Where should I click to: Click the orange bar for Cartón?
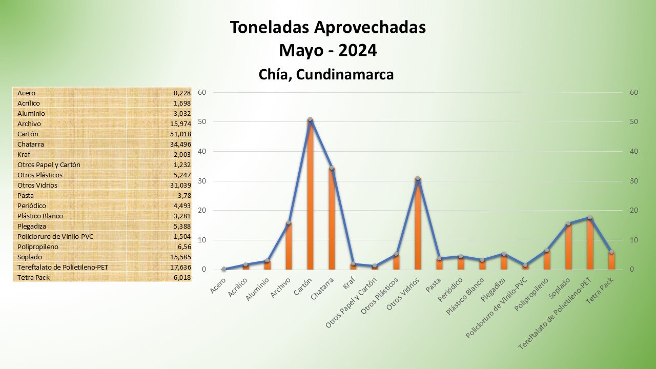[x=310, y=195]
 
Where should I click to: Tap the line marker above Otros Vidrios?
[x=418, y=178]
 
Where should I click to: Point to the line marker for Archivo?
[x=289, y=223]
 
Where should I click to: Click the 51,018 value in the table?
[x=182, y=134]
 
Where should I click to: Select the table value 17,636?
[x=182, y=267]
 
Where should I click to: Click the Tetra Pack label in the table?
[x=34, y=277]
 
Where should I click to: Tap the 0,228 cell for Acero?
[x=182, y=93]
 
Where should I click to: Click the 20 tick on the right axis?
[x=634, y=210]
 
